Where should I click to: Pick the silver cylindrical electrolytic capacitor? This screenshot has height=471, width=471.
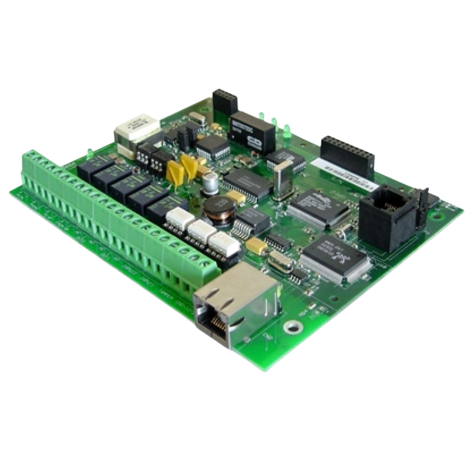210,183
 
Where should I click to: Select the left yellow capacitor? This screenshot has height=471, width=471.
175,171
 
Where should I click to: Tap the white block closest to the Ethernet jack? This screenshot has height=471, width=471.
222,244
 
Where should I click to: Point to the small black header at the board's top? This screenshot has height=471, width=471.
225,101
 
